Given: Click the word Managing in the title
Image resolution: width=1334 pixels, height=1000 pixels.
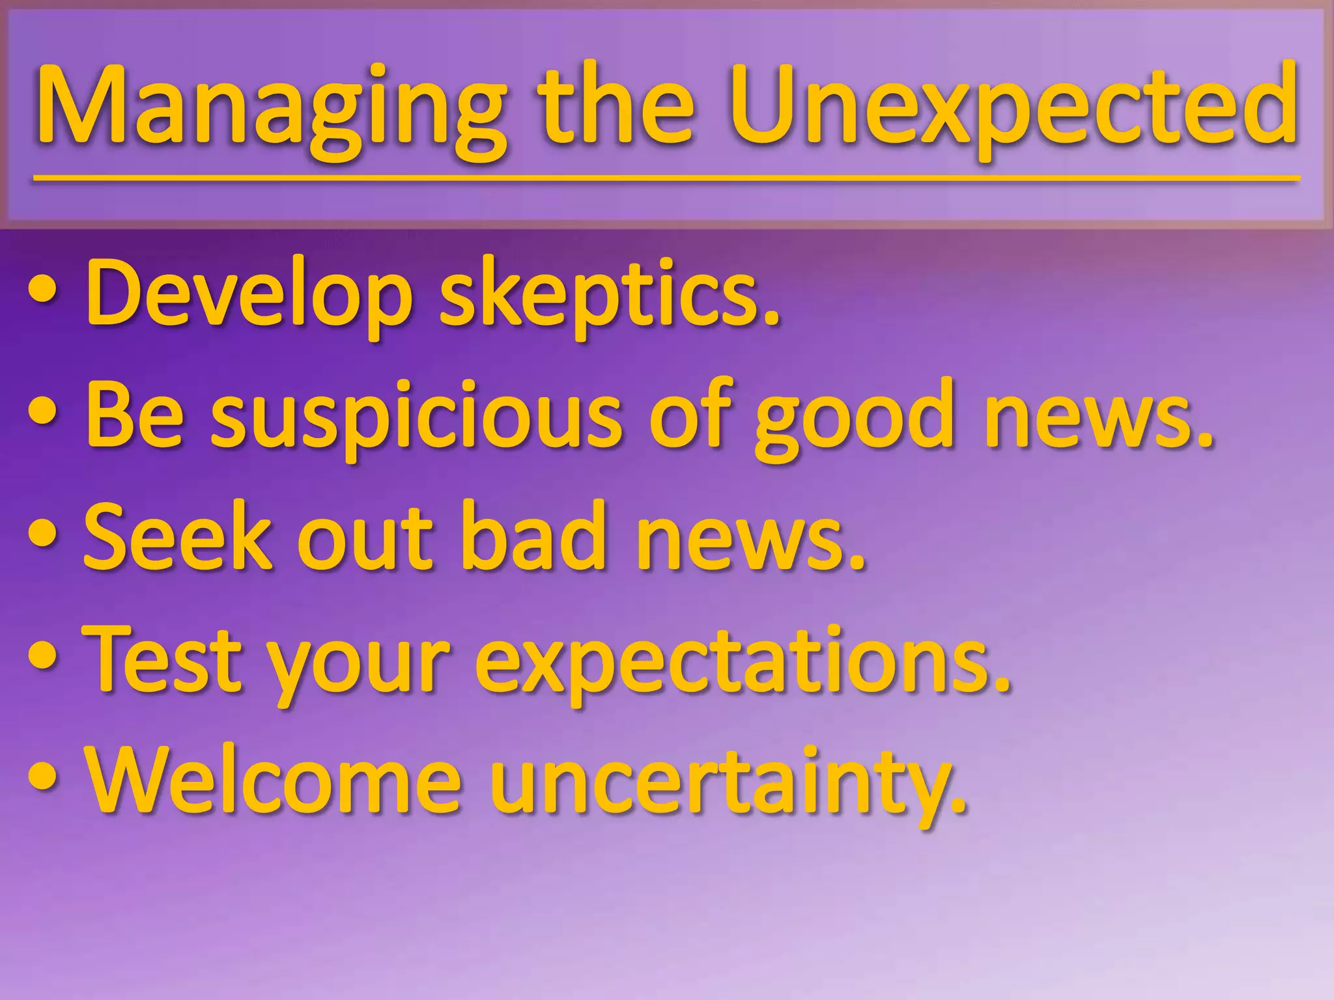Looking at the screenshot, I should click(270, 107).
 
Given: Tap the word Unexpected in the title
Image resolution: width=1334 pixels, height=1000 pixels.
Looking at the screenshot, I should click(1013, 107).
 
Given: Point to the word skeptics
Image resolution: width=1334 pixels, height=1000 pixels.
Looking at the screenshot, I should click(609, 294).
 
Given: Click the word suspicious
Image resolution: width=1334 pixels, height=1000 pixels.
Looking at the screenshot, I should click(417, 417).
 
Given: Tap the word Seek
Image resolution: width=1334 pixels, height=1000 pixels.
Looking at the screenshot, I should click(177, 537).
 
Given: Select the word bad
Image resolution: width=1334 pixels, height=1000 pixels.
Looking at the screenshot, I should click(532, 537).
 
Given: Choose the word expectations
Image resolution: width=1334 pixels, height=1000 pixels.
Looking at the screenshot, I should click(743, 661).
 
